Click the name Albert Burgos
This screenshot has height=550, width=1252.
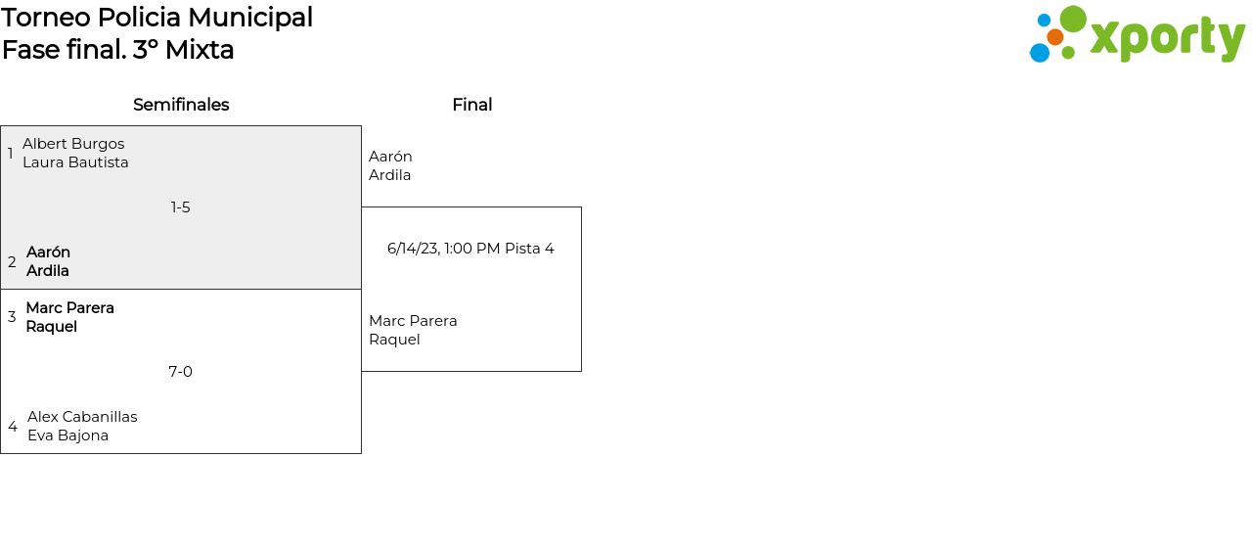73,144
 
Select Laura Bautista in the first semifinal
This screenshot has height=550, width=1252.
75,162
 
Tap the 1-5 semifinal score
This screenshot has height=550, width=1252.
180,207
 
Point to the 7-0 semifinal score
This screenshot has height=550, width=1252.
180,372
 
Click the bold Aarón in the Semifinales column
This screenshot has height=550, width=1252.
48,252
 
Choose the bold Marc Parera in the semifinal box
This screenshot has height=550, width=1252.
69,308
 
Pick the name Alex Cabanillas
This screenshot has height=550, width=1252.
82,417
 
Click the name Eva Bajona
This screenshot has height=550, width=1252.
67,435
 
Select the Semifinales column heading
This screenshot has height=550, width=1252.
181,105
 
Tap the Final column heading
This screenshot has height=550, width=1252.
471,105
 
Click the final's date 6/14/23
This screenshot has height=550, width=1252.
413,249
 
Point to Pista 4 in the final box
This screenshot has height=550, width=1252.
529,249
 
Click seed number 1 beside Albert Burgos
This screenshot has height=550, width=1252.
10,154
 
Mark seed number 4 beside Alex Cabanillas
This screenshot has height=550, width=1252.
12,427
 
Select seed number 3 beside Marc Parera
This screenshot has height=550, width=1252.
12,317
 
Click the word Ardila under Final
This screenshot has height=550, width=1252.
389,175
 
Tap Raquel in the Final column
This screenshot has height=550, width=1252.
394,340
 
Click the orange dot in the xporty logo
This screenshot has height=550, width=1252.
1055,37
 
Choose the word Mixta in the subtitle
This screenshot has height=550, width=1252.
200,50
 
